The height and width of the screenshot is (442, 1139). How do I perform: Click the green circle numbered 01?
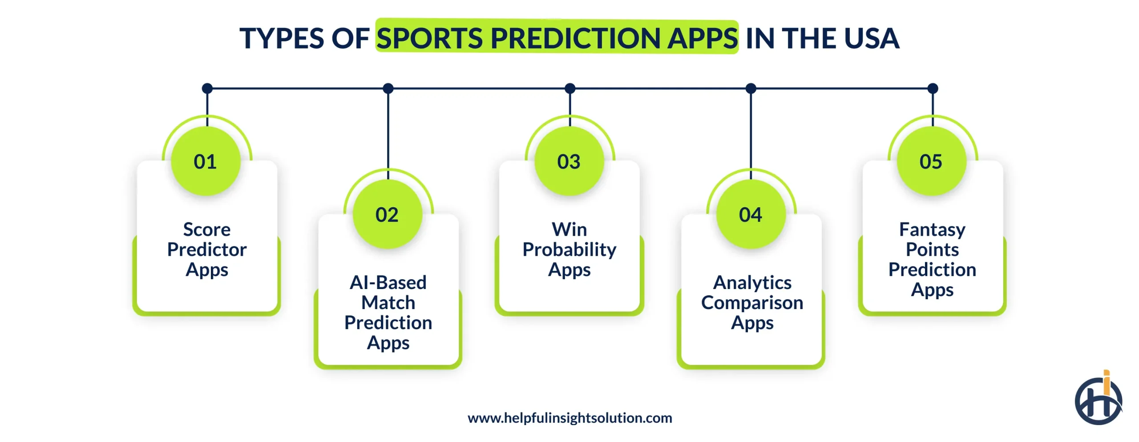tap(206, 161)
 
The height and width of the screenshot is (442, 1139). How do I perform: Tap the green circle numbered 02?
tap(388, 214)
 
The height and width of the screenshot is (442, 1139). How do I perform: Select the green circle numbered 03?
tap(569, 161)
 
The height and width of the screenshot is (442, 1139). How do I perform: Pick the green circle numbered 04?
tap(751, 214)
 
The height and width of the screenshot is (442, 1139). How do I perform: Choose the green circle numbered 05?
tap(932, 161)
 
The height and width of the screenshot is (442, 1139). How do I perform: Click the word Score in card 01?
tap(207, 229)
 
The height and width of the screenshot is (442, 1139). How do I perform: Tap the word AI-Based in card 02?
tap(388, 282)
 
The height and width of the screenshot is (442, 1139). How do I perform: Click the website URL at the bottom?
tap(570, 418)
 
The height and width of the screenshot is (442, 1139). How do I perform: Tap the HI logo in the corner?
tap(1099, 398)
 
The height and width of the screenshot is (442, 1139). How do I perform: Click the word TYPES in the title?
tap(282, 38)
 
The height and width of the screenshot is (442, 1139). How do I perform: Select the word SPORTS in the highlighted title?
tap(430, 38)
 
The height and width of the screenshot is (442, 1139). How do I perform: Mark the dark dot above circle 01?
tap(207, 88)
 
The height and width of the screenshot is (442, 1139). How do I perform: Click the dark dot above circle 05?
tap(933, 88)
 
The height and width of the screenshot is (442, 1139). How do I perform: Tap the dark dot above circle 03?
tap(570, 88)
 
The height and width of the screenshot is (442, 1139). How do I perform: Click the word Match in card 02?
tap(388, 303)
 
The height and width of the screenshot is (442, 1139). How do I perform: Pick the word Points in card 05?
tap(933, 249)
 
